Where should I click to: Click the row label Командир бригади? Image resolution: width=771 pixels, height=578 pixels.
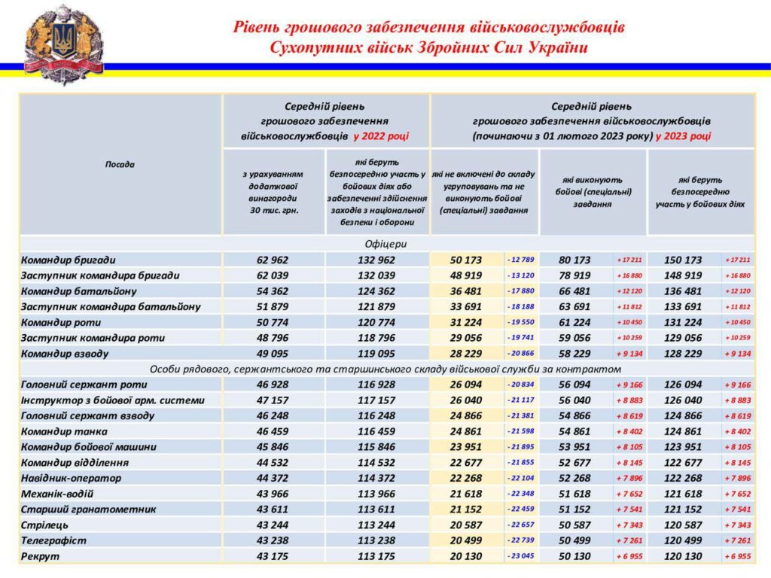tap(69, 260)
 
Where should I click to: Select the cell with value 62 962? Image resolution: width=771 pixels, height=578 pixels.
tap(273, 260)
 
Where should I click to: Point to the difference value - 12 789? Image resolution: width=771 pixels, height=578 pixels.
tap(520, 260)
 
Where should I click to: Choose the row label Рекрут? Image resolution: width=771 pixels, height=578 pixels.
tap(40, 556)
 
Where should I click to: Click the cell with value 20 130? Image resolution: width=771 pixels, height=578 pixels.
tap(466, 556)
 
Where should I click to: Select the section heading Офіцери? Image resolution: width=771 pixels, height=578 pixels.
tap(386, 244)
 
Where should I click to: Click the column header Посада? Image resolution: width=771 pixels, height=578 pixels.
tap(120, 164)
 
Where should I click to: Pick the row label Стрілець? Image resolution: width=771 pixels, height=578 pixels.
tap(44, 525)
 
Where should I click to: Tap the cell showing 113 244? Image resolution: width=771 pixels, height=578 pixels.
tap(376, 525)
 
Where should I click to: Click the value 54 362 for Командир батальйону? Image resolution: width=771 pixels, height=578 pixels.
tap(273, 291)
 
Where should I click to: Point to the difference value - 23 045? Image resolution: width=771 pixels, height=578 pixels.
tap(520, 556)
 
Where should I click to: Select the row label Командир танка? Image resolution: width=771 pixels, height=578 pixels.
tap(64, 431)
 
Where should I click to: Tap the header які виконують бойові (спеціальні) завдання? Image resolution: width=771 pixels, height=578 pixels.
tap(593, 192)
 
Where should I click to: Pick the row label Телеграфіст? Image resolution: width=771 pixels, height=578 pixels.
tap(53, 540)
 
